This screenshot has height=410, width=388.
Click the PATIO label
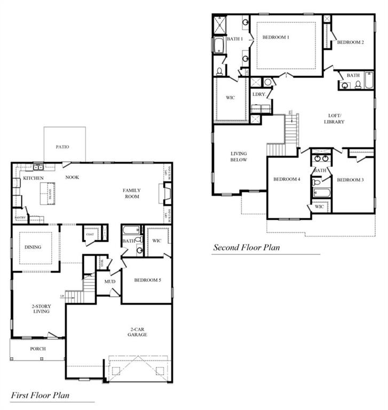pos(62,146)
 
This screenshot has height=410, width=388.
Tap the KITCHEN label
pos(33,178)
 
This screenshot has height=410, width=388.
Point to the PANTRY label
pos(20,218)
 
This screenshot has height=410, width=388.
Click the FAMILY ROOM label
pos(131,193)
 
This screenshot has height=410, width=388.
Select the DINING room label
pos(33,247)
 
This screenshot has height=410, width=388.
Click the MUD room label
pos(110,281)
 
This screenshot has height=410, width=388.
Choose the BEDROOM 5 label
pos(147,280)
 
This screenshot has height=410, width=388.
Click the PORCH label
pos(37,349)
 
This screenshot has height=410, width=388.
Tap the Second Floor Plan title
pos(247,247)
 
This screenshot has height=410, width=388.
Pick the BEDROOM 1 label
pos(275,37)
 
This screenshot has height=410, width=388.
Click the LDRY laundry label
pos(259,94)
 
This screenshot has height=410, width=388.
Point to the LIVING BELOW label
pos(238,156)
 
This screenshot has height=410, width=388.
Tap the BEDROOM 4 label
pos(287,179)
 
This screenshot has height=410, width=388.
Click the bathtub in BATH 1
pos(219,46)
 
